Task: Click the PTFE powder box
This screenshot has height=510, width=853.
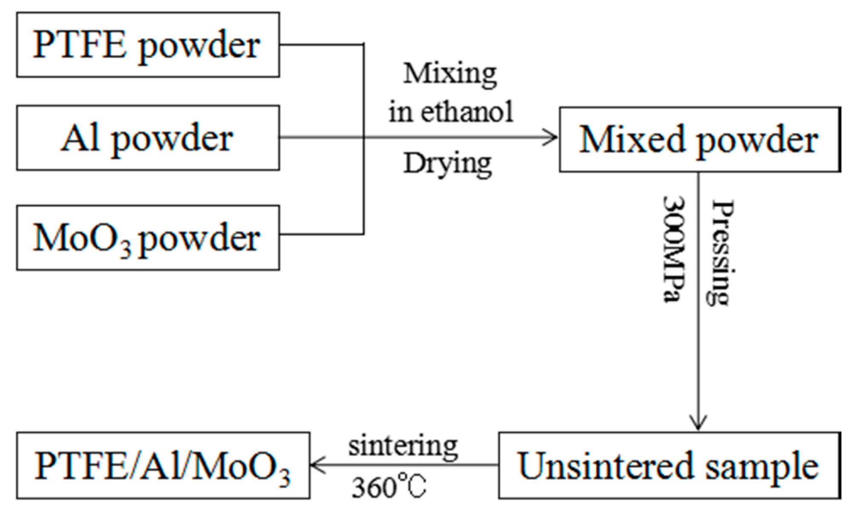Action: pos(148,45)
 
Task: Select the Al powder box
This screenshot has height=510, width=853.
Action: pos(148,138)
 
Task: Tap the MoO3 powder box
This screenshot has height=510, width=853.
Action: pos(148,238)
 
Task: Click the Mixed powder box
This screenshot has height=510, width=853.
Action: pos(699,140)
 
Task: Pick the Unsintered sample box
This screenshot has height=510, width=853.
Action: pos(669,465)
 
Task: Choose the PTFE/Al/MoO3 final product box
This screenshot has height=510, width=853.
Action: pos(163,465)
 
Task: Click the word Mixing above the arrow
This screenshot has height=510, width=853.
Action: pos(450,74)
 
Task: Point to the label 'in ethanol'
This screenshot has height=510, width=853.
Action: pos(451,112)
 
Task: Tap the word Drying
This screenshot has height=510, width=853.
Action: pos(447,164)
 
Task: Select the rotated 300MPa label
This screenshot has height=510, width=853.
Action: pos(674,249)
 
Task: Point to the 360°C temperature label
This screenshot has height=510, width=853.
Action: pos(389,487)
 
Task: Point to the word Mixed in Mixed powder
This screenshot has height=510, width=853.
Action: pos(632,140)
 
